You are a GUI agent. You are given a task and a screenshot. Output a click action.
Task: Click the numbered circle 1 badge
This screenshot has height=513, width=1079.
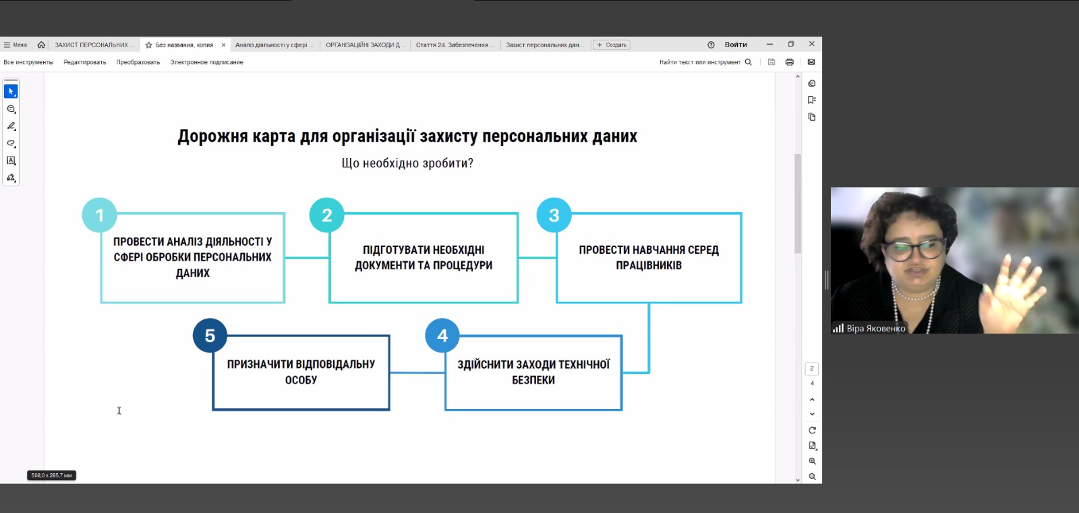pyautogui.click(x=100, y=215)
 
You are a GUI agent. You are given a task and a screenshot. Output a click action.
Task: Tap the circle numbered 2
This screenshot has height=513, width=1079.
pyautogui.click(x=326, y=215)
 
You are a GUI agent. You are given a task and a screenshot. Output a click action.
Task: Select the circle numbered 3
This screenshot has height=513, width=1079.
pyautogui.click(x=554, y=215)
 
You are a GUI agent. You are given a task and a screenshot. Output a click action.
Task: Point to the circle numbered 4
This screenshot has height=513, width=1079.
pyautogui.click(x=442, y=335)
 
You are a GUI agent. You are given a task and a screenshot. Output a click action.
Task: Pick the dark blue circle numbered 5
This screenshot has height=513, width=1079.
pyautogui.click(x=210, y=335)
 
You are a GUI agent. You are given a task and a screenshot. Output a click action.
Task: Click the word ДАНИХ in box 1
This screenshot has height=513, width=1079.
pyautogui.click(x=193, y=273)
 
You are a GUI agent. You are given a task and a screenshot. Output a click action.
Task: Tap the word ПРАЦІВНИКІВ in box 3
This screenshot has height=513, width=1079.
pyautogui.click(x=649, y=265)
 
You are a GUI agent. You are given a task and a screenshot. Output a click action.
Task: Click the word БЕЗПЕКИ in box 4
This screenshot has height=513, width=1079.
pyautogui.click(x=533, y=380)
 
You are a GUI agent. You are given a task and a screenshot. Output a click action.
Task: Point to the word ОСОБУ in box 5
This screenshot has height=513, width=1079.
pyautogui.click(x=301, y=380)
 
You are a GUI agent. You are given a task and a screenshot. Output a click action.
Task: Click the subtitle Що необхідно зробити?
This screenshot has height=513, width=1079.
pyautogui.click(x=407, y=163)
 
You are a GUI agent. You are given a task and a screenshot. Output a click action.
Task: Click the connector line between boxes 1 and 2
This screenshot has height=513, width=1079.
pyautogui.click(x=307, y=258)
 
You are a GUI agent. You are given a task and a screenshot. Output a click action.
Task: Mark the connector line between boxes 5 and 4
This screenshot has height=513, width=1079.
pyautogui.click(x=417, y=373)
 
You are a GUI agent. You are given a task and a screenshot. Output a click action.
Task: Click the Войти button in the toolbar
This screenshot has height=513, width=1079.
pyautogui.click(x=736, y=45)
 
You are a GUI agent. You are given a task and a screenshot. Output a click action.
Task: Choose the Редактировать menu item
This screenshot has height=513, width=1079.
pyautogui.click(x=85, y=62)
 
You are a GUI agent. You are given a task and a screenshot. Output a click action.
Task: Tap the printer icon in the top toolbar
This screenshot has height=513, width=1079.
pyautogui.click(x=789, y=62)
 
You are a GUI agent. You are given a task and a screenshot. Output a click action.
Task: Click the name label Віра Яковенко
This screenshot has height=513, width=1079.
pyautogui.click(x=875, y=329)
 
